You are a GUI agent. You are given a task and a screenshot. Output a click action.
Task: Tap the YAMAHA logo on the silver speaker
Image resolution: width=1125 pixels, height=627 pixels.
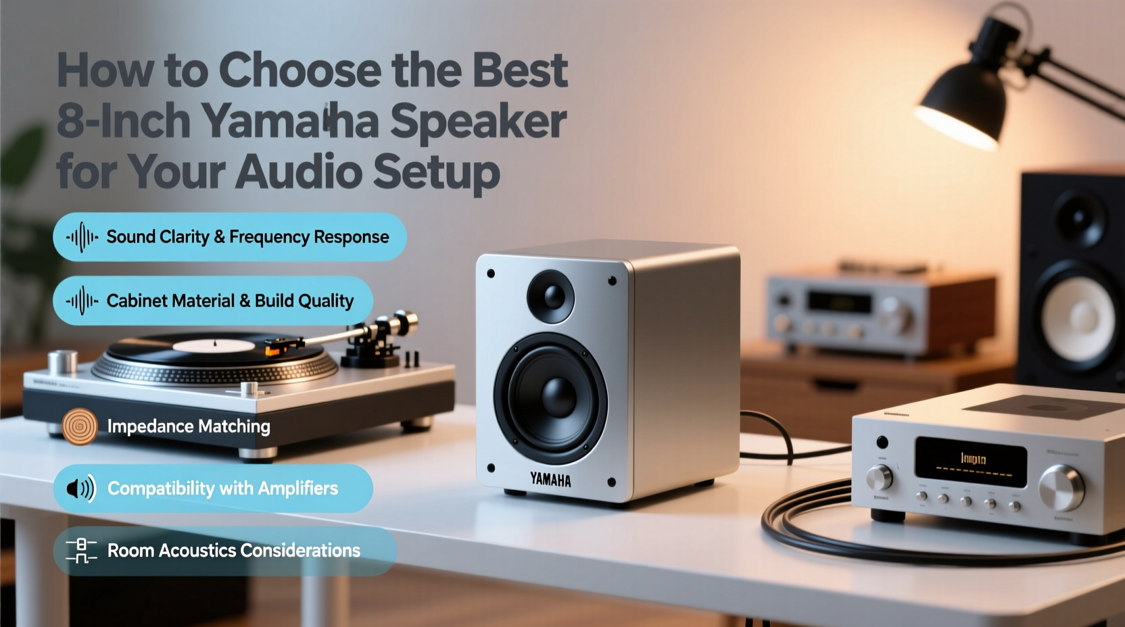(550, 480)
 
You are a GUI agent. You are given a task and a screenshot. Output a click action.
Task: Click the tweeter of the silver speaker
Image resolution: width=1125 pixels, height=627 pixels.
(551, 296)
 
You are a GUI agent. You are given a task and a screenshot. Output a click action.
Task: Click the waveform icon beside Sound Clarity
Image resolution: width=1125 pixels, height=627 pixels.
(82, 237)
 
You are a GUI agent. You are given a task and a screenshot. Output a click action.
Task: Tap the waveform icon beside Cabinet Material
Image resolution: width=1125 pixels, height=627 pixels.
(82, 301)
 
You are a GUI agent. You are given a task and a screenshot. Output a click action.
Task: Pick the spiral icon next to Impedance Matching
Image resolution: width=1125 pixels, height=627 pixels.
(80, 426)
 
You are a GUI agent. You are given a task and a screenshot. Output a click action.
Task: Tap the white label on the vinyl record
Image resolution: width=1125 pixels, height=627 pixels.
(214, 346)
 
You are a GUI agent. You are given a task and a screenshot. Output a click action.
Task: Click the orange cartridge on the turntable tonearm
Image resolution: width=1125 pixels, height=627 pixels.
(274, 349)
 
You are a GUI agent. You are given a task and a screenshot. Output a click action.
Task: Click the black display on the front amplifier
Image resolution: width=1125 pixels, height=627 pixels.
(971, 461)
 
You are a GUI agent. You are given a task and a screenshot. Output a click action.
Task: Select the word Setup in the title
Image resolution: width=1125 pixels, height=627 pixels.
(436, 172)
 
